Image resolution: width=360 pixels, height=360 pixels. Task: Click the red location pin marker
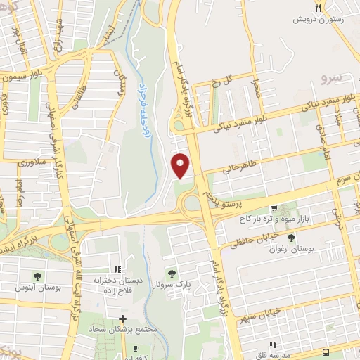pos(181,166)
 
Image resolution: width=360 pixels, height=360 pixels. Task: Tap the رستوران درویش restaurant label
pos(319,20)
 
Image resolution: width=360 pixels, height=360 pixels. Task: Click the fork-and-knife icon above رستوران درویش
pos(319,8)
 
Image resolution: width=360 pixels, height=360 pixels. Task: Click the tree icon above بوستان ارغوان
pos(291,239)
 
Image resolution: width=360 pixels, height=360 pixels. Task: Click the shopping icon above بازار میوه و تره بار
pos(274,209)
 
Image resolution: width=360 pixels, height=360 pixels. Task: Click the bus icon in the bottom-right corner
pos(326,352)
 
